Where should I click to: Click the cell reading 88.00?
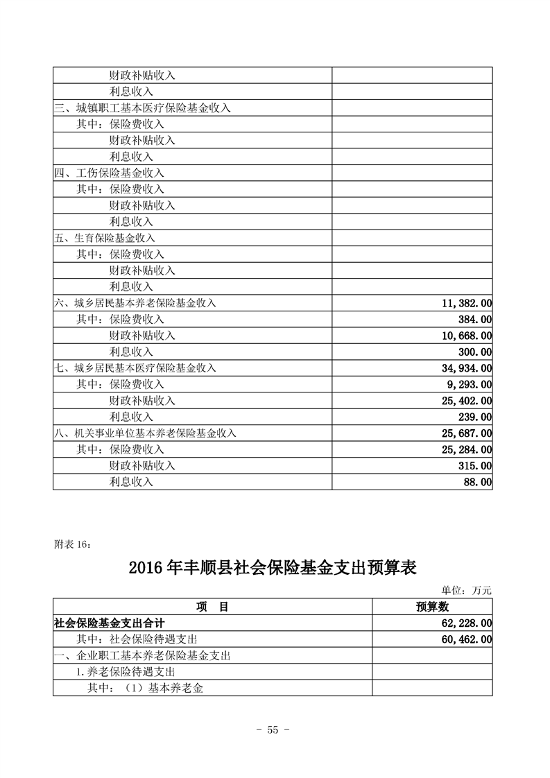click(478, 482)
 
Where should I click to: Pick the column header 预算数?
click(432, 607)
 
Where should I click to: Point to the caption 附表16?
click(71, 544)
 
